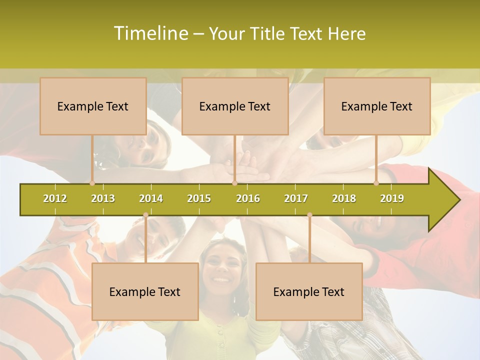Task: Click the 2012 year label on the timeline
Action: pyautogui.click(x=55, y=198)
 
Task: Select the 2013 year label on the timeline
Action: pyautogui.click(x=103, y=198)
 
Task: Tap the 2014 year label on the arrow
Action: pyautogui.click(x=151, y=198)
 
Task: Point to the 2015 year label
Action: pyautogui.click(x=199, y=198)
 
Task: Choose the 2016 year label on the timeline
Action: pyautogui.click(x=248, y=198)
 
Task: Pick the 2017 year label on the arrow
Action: pyautogui.click(x=296, y=198)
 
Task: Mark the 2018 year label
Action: pyautogui.click(x=344, y=198)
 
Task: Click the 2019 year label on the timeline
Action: pyautogui.click(x=392, y=198)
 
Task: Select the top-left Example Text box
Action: pyautogui.click(x=93, y=106)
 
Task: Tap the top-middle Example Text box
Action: pyautogui.click(x=235, y=106)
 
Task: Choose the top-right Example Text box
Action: pyautogui.click(x=377, y=106)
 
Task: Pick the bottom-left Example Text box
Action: pyautogui.click(x=145, y=291)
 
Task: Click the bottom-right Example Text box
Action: pyautogui.click(x=309, y=291)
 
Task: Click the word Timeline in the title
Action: pyautogui.click(x=150, y=33)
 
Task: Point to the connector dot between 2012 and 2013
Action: pyautogui.click(x=92, y=183)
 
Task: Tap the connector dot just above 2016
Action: pyautogui.click(x=234, y=183)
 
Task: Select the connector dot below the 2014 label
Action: pyautogui.click(x=145, y=215)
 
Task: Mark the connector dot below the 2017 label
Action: pyautogui.click(x=309, y=215)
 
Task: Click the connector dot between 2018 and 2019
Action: pyautogui.click(x=376, y=183)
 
